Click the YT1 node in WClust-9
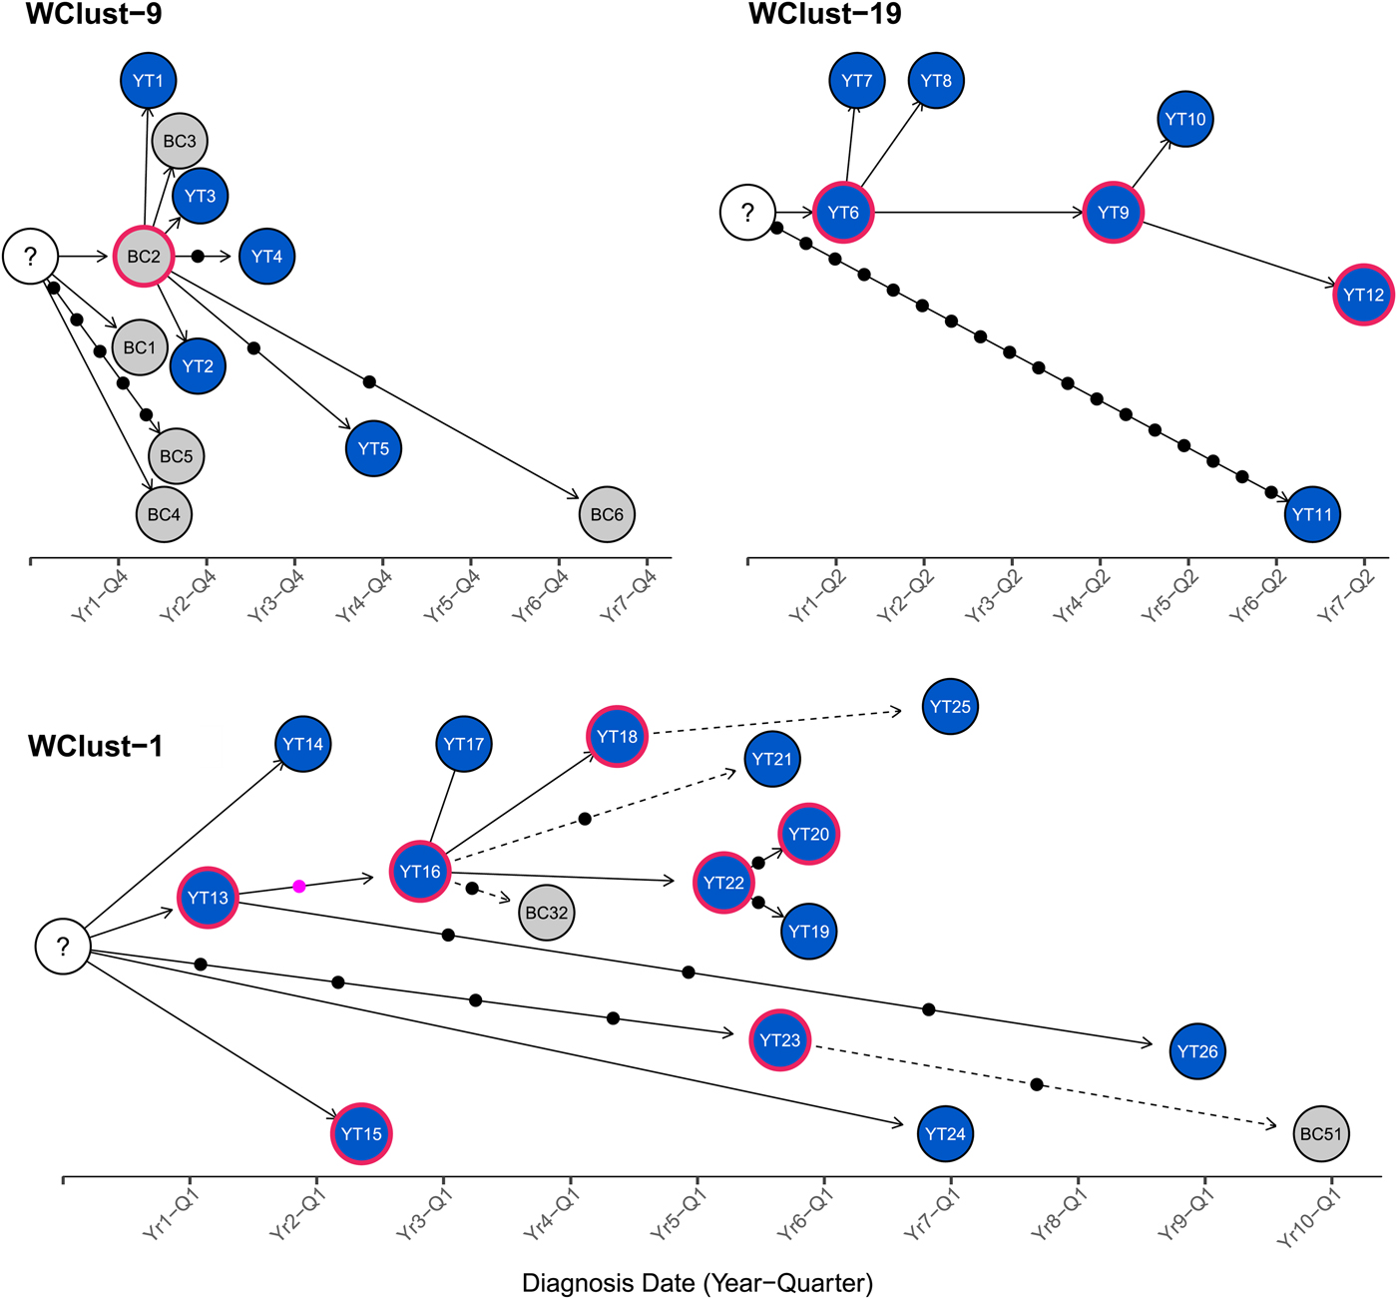148,81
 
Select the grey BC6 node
607,515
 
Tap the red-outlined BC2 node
144,257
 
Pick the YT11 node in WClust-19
1312,515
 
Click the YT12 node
1363,295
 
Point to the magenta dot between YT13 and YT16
299,886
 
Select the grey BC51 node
1321,1134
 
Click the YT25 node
950,707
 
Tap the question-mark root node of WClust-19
747,212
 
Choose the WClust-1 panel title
95,746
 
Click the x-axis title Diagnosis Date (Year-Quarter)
698,1283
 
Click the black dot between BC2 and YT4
198,257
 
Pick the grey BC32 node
547,913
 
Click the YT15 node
361,1134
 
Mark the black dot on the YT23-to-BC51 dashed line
1037,1084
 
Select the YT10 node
1185,120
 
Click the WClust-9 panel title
94,14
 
